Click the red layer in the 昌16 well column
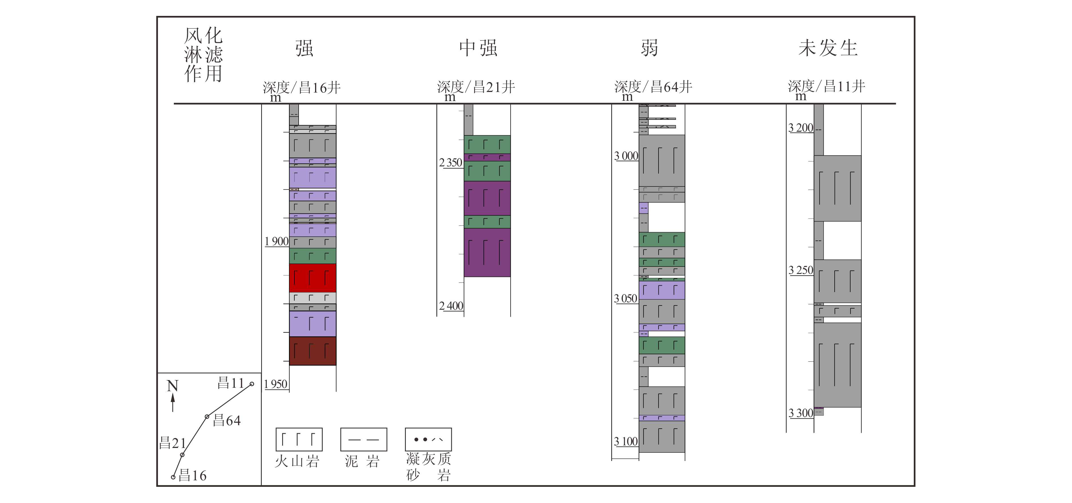coord(313,278)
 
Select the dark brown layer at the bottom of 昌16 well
coord(313,351)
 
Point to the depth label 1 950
coord(275,384)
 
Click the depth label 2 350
coord(451,162)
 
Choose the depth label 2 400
coord(451,306)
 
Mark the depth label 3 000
coord(626,156)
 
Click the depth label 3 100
coord(625,441)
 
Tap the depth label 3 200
coord(800,128)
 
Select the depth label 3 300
coord(801,413)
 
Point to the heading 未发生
coord(828,48)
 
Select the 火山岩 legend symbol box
coord(299,439)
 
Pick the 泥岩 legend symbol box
coord(364,439)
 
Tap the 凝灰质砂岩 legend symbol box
coord(428,439)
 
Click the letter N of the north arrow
coord(172,386)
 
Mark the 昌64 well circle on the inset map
coord(207,416)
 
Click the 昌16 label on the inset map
coord(192,475)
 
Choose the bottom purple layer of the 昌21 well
coord(487,252)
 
